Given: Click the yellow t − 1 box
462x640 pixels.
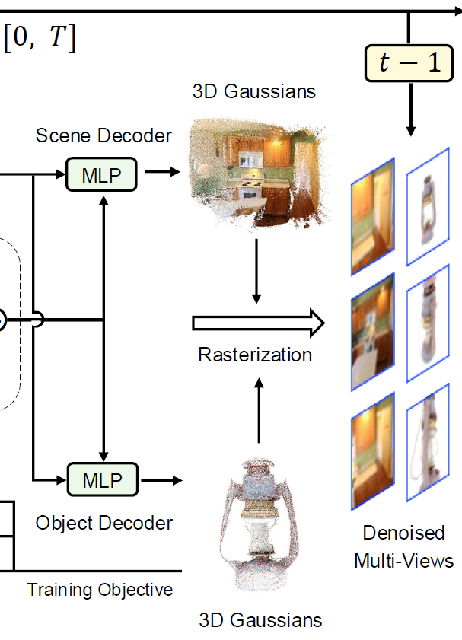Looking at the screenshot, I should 409,63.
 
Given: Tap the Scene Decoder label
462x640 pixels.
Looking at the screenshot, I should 104,136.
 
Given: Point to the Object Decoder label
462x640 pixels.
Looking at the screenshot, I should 104,523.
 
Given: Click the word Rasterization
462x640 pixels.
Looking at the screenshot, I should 255,355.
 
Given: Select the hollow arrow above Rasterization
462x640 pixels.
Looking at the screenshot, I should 258,323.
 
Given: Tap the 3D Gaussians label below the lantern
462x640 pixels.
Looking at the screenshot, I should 260,619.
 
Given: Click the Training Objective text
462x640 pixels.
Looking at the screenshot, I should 100,590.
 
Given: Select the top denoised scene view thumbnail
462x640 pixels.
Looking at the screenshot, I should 373,216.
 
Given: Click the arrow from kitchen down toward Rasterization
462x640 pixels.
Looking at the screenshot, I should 257,270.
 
